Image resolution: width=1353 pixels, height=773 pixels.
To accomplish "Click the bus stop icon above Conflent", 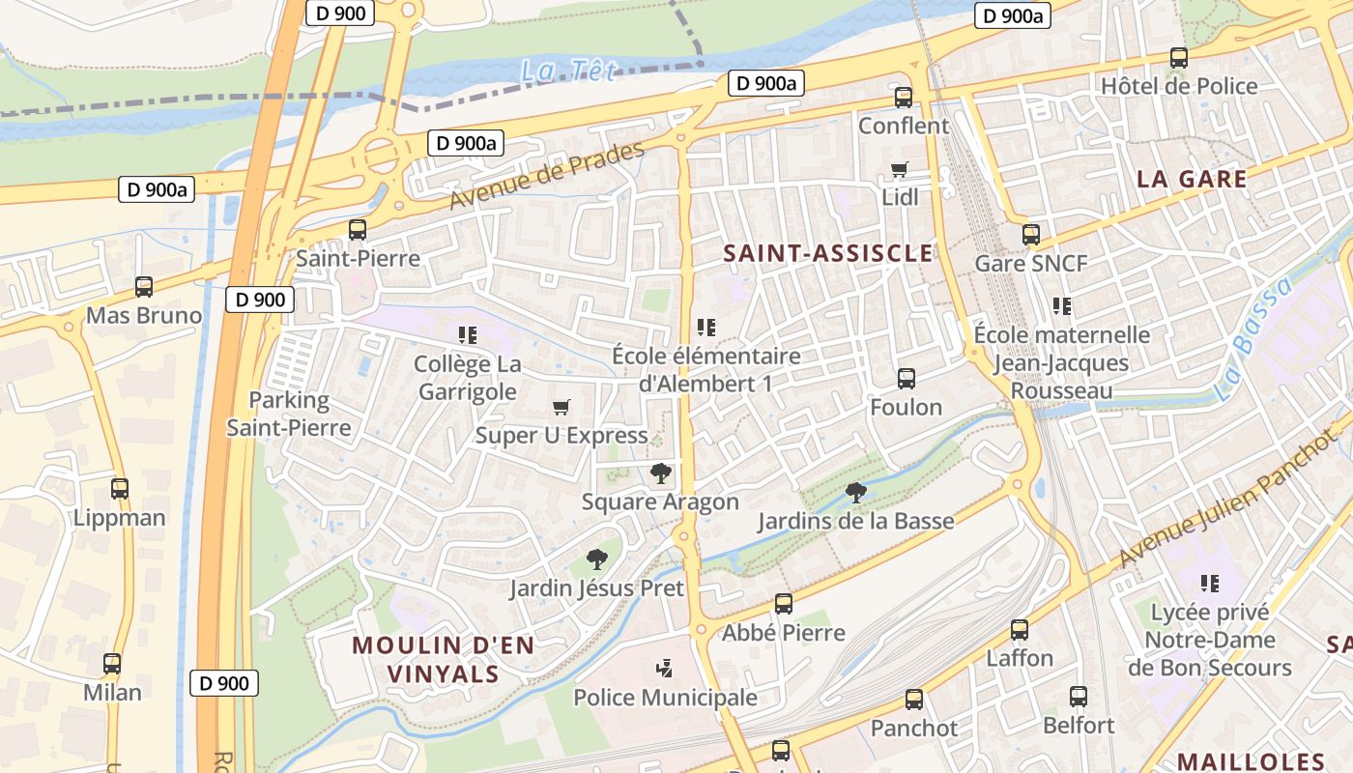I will (x=904, y=98).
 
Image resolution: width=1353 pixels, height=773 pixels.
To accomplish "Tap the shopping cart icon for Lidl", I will (x=900, y=170).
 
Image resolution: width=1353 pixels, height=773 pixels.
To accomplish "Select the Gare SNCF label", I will (x=1030, y=263).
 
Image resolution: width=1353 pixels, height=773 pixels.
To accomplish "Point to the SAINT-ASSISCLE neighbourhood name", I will (x=828, y=253).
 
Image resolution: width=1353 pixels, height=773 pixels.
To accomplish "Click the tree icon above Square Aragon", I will (x=661, y=473).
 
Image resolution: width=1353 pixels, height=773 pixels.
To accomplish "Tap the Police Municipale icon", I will (x=664, y=668).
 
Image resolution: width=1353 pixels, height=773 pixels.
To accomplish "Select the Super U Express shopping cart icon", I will (x=561, y=408).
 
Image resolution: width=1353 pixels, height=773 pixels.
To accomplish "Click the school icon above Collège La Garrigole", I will (x=468, y=335).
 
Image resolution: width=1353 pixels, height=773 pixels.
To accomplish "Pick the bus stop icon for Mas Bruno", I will (x=144, y=287).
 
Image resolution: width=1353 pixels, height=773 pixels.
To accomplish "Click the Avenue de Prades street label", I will (x=546, y=177).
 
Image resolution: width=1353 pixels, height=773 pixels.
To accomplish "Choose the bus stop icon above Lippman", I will (x=120, y=489).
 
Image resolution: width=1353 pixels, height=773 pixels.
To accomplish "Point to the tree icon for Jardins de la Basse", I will (x=855, y=493).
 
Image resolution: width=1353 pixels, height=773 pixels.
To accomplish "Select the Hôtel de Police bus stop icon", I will (x=1178, y=58).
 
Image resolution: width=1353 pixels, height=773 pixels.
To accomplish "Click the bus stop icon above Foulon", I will (x=906, y=379).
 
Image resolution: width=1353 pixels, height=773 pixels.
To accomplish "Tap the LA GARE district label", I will (x=1192, y=179).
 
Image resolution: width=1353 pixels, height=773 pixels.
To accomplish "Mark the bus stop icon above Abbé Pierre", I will (x=784, y=605).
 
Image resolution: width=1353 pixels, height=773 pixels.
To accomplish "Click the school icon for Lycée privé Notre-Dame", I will (x=1209, y=584).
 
